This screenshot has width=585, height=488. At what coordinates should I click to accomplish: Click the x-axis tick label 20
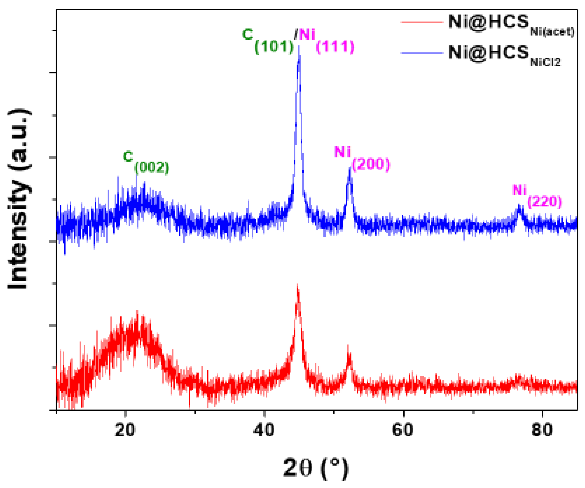coord(125,430)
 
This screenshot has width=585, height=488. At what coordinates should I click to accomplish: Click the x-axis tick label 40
coord(264,430)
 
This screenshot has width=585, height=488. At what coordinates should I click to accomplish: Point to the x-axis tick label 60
coord(403,430)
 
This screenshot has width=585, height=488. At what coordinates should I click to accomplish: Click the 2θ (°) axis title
coord(316,468)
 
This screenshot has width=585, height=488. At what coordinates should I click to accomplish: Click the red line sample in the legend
coord(422,22)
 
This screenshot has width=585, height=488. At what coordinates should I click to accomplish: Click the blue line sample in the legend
coord(422,53)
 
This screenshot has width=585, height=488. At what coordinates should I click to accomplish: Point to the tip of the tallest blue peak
coord(299,46)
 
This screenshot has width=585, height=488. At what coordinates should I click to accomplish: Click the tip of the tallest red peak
coord(297,285)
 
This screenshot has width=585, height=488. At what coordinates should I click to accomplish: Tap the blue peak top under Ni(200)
coord(350,168)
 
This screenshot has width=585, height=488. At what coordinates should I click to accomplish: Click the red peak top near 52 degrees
coord(348,345)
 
